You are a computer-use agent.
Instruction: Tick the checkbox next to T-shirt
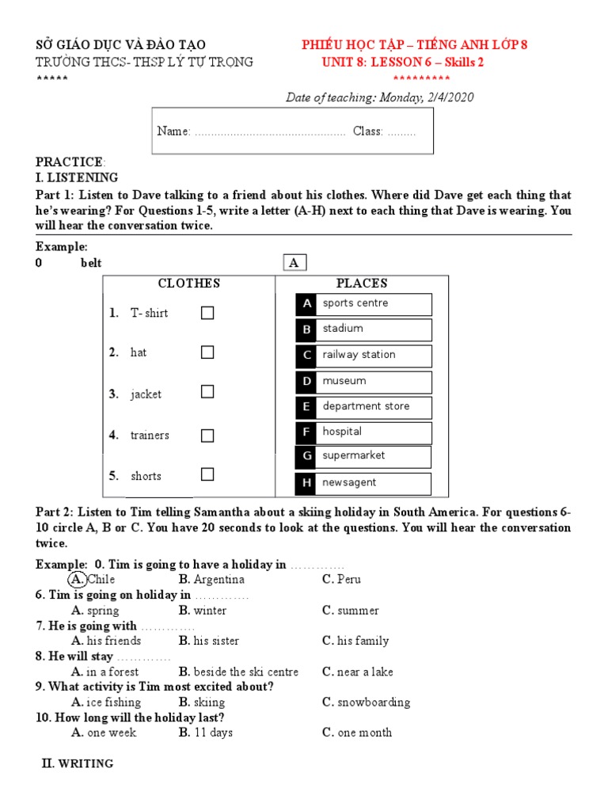click(x=207, y=313)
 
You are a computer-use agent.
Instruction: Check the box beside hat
click(x=207, y=352)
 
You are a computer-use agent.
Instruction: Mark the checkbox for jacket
click(x=207, y=392)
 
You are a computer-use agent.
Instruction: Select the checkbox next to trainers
click(x=207, y=436)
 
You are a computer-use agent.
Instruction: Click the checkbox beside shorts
click(x=207, y=475)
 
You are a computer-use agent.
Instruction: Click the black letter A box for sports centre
click(x=306, y=304)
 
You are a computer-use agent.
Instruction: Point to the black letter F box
click(x=306, y=432)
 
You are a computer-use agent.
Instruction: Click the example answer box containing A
click(x=294, y=263)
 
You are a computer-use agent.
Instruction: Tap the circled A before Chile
click(x=79, y=580)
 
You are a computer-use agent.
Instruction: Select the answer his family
click(x=355, y=641)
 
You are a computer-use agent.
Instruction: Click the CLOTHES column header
click(x=188, y=284)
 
